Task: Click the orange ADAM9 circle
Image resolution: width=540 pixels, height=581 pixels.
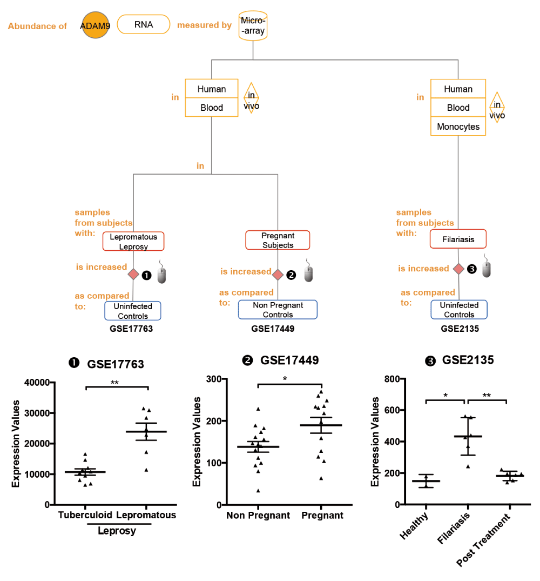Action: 96,25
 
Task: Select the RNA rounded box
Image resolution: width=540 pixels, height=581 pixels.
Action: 144,24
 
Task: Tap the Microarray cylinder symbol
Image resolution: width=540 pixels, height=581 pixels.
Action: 253,25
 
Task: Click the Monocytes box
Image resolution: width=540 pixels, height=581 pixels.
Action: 458,126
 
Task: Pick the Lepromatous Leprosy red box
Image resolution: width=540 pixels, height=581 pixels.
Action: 133,241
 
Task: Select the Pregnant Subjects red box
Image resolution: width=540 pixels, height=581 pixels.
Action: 278,240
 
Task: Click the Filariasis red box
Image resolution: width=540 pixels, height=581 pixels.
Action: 458,239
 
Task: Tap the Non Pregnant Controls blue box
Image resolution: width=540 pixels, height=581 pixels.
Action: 278,309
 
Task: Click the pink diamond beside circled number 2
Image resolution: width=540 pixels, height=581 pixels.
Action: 278,275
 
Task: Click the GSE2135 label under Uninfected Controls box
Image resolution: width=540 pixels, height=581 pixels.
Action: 460,329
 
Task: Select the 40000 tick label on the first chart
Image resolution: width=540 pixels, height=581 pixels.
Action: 37,383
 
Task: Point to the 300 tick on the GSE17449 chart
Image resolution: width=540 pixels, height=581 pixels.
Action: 214,379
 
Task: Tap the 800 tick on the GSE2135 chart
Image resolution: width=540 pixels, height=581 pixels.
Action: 392,379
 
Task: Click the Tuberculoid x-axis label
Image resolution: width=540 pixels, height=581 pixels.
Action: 85,515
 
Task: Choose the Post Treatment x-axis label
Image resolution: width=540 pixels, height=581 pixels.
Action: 483,540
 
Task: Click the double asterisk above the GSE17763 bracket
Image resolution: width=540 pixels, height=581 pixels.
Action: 114,383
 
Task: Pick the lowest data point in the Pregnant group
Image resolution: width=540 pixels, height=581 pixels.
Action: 321,478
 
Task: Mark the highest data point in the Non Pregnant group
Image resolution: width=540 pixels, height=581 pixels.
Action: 258,409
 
